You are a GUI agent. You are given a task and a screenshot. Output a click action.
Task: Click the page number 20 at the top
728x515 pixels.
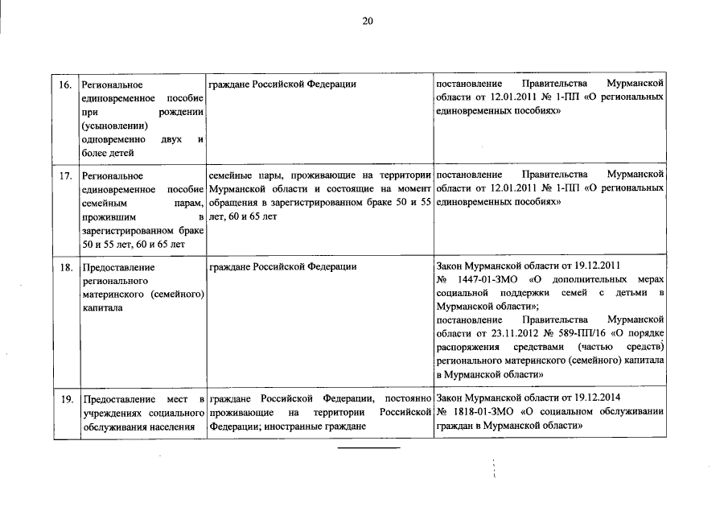(367, 22)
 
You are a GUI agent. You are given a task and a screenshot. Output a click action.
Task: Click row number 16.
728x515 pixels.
(67, 84)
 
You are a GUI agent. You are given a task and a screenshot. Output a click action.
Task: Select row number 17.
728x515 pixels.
(67, 175)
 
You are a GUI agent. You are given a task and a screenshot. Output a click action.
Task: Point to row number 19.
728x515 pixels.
(67, 399)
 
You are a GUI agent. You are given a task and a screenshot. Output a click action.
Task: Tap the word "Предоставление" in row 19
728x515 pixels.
(113, 399)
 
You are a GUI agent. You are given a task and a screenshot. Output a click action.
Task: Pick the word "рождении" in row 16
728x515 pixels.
(181, 112)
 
